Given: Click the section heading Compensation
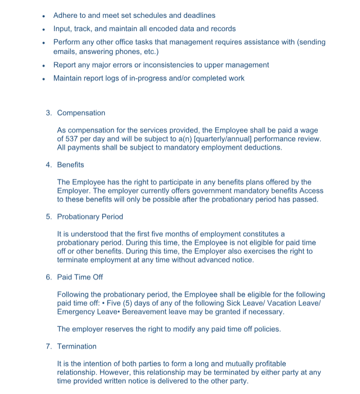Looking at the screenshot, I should (81, 113).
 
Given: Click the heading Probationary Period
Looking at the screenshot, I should (90, 217).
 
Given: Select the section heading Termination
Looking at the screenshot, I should (77, 346).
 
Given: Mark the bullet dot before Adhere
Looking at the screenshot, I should (45, 16).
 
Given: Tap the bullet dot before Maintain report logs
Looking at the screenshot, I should (45, 79).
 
